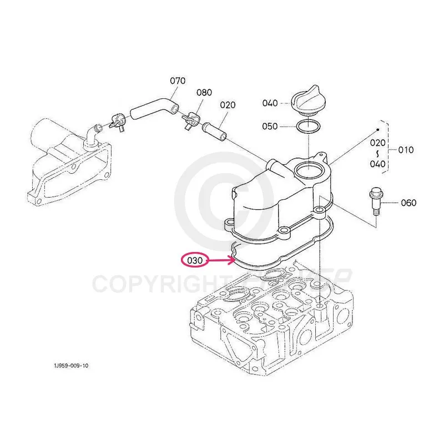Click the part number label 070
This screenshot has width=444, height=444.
coord(178,81)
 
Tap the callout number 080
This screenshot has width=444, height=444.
coord(204,92)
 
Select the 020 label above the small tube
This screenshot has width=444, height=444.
coord(228,104)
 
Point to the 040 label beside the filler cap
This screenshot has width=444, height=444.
coord(270,103)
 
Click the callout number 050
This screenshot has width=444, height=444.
coord(270,127)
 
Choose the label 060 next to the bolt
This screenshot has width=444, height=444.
coord(408,203)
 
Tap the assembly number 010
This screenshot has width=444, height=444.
coord(406,150)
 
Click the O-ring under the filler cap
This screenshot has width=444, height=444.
coord(307,127)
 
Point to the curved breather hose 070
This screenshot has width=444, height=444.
coord(154,108)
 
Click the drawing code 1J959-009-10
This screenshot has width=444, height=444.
coord(71,366)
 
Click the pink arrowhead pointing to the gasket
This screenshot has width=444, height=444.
coord(234,257)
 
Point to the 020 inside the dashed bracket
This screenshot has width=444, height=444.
coord(378,142)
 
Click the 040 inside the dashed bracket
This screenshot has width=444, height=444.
coord(378,163)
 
